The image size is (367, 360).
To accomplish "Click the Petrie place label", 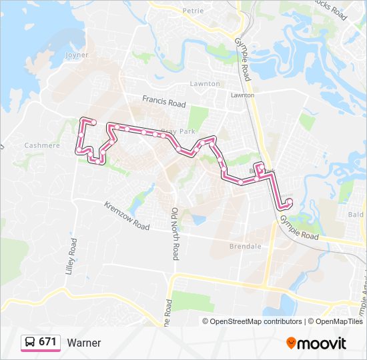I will pos(192,11).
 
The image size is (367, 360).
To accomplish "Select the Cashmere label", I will pos(41,145).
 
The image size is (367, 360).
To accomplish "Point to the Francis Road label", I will pos(163,102).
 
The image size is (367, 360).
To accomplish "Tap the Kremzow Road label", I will pos(127,215).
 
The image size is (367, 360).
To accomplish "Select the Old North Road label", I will pos(175,233).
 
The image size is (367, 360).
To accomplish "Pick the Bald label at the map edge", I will pos(356,215).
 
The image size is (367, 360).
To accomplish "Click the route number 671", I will pos(47,342).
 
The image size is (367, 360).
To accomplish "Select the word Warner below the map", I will pos(84,343).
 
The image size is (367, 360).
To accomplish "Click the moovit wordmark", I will pos(322,343).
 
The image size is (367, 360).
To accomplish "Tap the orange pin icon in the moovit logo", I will pos(291,343).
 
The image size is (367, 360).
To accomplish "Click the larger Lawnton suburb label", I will pos(204,84).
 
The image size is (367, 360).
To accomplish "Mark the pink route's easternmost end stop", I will pos(289,201).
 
